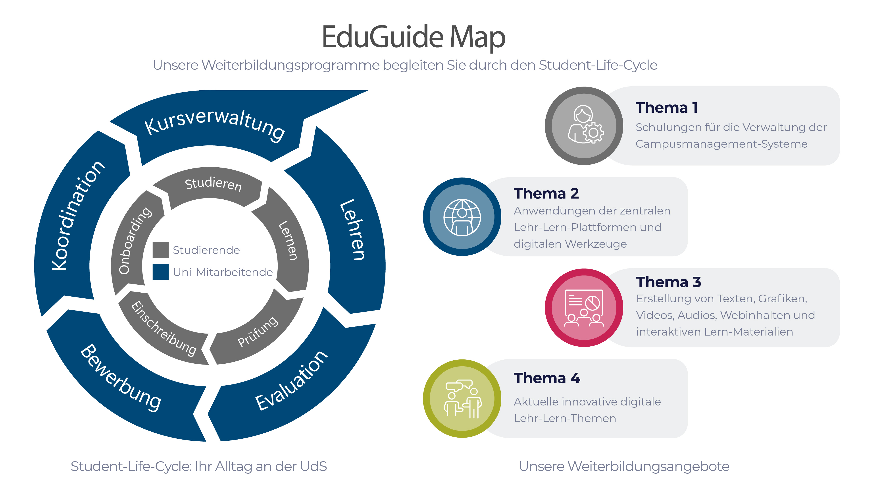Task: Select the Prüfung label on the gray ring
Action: (x=258, y=332)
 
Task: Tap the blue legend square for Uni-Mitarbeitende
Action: (x=160, y=272)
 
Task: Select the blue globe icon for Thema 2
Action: (x=462, y=217)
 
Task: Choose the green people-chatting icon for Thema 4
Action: (x=462, y=399)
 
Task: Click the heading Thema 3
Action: (x=668, y=282)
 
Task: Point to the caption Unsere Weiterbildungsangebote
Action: (x=624, y=466)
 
